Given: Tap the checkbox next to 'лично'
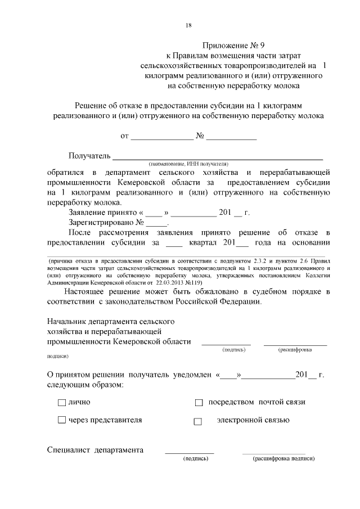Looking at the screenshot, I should pyautogui.click(x=62, y=403).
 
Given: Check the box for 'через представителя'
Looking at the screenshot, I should pyautogui.click(x=62, y=420).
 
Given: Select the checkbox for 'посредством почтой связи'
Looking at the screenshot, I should pyautogui.click(x=198, y=403).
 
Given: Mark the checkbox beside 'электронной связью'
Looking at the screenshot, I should pyautogui.click(x=197, y=421).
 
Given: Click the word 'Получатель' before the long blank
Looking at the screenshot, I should pyautogui.click(x=89, y=155).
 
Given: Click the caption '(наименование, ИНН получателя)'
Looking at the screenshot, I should pyautogui.click(x=188, y=163).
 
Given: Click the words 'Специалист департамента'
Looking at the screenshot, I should pyautogui.click(x=95, y=450).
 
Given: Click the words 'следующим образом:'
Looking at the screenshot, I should pyautogui.click(x=84, y=384).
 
